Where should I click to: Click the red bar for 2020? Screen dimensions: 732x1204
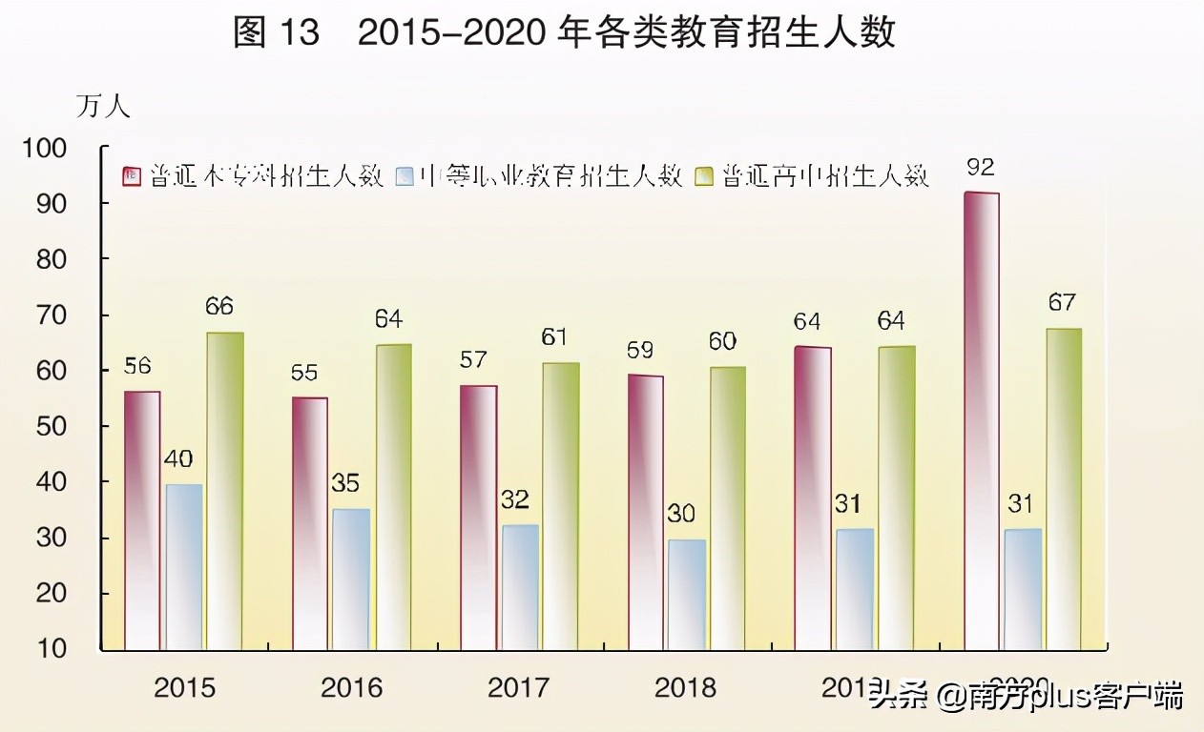pos(982,419)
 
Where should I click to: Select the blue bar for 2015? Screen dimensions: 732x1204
pos(183,567)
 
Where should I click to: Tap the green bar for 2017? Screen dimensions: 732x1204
pos(561,505)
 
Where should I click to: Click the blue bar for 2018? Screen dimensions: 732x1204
pos(687,595)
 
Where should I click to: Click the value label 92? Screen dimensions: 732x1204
pos(981,169)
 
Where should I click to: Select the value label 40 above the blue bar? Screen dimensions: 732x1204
pos(177,459)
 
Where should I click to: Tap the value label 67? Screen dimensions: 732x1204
pos(1061,303)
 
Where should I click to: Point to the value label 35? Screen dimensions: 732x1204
pos(345,483)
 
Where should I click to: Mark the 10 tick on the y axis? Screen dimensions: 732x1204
pos(73,649)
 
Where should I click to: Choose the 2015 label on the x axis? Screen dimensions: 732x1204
pos(184,687)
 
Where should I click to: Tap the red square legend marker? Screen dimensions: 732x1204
pos(132,176)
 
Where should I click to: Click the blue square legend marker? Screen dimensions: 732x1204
pos(405,176)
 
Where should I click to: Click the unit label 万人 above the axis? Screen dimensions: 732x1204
pos(103,107)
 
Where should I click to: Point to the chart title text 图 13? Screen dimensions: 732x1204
pos(277,34)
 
